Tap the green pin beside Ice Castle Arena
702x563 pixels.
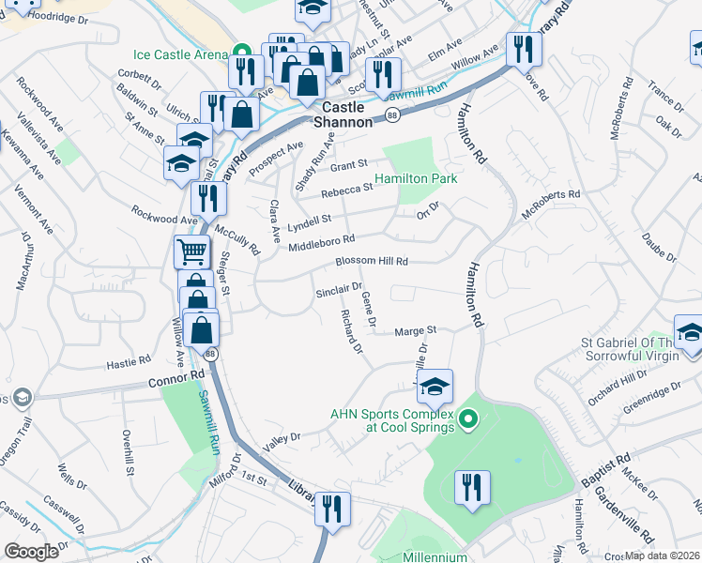[x=241, y=53]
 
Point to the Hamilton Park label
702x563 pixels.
[x=416, y=178]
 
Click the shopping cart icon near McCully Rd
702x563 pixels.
[x=191, y=251]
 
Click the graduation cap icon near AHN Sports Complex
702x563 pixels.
[x=435, y=386]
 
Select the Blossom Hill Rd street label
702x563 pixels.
[x=361, y=262]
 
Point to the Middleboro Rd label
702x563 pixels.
[x=322, y=244]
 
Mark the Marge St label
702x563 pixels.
[x=416, y=330]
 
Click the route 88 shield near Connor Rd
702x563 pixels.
[x=210, y=354]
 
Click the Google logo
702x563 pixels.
[x=32, y=551]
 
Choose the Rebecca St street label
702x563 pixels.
[x=346, y=188]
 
